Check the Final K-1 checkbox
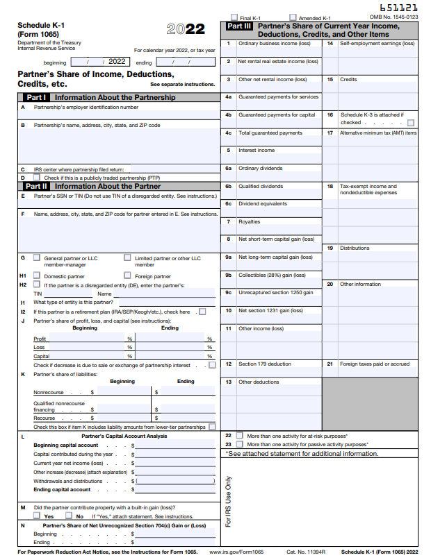point(234,17)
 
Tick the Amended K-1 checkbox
point(293,17)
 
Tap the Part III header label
point(238,26)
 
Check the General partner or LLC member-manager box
point(37,257)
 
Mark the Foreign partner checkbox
point(127,275)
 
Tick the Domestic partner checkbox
point(37,275)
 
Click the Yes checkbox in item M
point(37,516)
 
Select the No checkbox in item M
point(69,516)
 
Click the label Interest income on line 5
point(257,150)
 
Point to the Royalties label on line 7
point(249,221)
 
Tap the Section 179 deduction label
point(265,364)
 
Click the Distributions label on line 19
point(355,248)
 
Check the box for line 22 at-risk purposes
point(240,435)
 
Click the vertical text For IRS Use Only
point(228,501)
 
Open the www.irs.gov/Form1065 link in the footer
point(236,552)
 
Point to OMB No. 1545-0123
point(393,17)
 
